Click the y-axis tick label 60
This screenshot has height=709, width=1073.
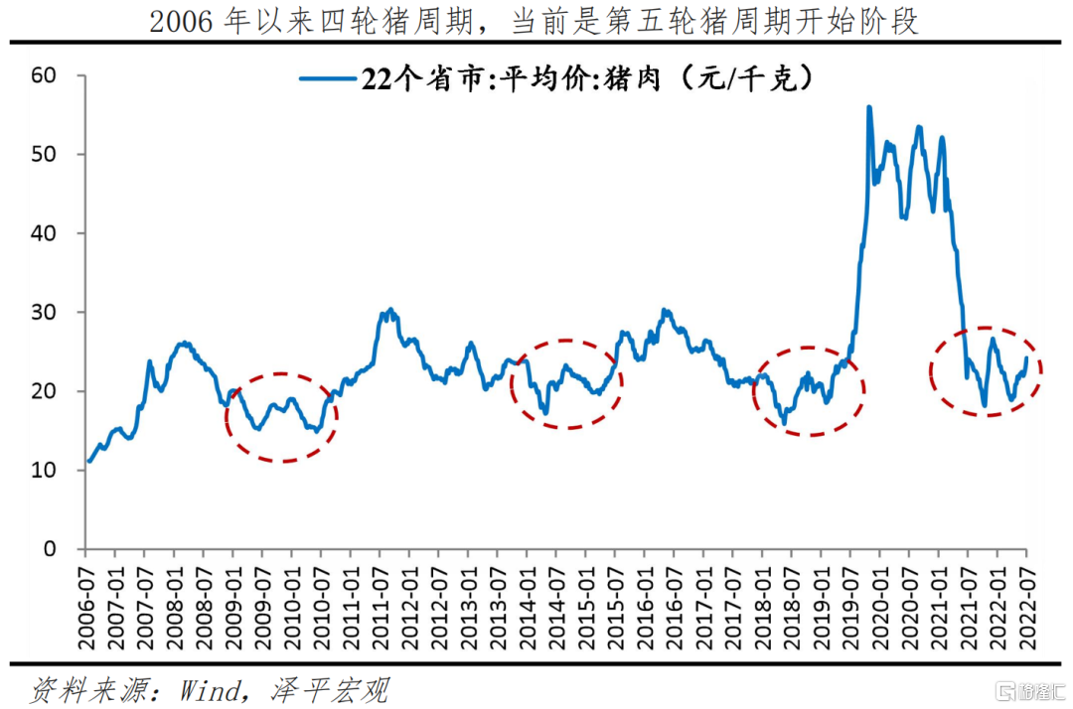click(43, 75)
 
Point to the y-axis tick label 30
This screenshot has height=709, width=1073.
click(43, 312)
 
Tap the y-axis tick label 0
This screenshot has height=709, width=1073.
click(50, 548)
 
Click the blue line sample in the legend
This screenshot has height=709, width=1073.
click(328, 79)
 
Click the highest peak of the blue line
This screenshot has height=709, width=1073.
click(869, 107)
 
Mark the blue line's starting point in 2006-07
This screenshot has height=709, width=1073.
click(89, 462)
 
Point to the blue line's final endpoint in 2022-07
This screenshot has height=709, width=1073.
click(1025, 357)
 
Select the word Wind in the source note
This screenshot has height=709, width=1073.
click(210, 690)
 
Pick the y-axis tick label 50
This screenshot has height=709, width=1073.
click(43, 154)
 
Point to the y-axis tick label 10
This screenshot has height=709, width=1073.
click(43, 470)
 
